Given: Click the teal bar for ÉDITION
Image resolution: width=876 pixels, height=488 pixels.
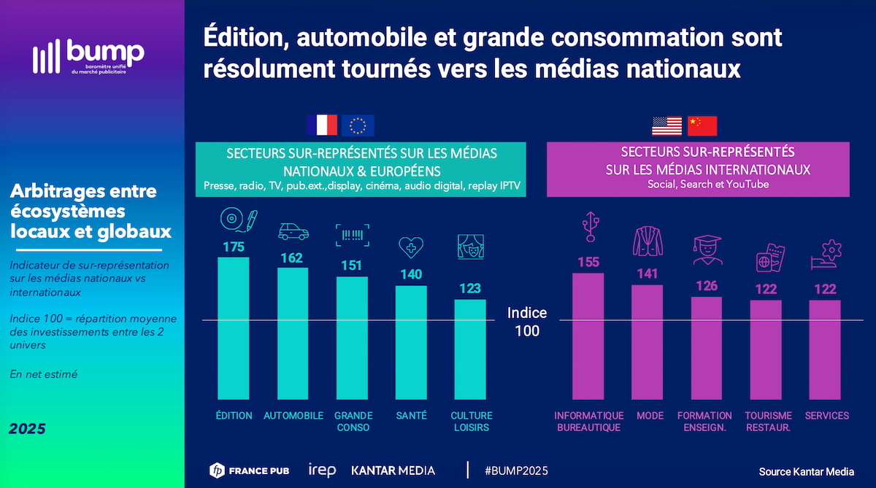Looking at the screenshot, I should click(x=234, y=328).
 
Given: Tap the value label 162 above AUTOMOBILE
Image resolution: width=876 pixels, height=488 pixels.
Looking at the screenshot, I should click(x=293, y=257).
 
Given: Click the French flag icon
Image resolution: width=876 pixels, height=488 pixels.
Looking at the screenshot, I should click(x=322, y=125).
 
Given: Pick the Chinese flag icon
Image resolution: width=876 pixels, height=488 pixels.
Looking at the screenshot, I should click(x=702, y=125).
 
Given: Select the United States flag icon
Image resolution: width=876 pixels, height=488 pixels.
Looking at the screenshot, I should click(x=666, y=125).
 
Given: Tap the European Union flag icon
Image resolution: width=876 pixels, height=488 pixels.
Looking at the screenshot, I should click(x=358, y=125).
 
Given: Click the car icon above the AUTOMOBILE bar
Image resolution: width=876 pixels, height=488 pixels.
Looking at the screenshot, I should click(x=293, y=231).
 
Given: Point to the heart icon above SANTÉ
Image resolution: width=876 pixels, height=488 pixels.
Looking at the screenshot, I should click(x=411, y=247).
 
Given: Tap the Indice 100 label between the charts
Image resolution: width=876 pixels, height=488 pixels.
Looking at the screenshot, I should click(x=527, y=322).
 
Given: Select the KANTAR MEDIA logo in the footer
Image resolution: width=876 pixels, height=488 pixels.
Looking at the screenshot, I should click(x=393, y=470).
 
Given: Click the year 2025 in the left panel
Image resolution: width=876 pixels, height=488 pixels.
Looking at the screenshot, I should click(x=27, y=429).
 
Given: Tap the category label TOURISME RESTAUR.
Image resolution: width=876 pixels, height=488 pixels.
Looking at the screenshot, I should click(x=767, y=421).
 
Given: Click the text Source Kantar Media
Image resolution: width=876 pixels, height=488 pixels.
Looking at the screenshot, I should click(x=806, y=471).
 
